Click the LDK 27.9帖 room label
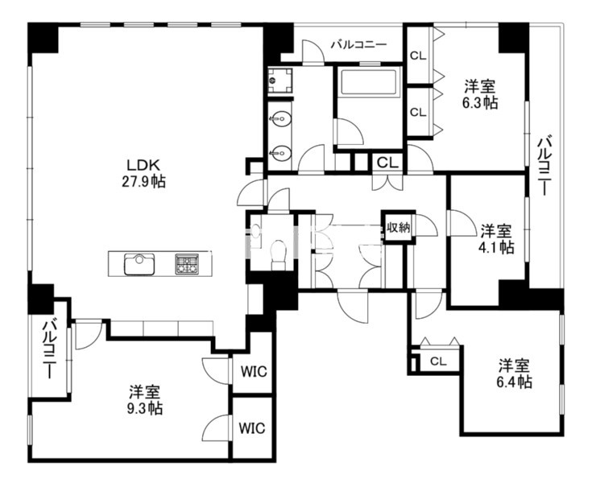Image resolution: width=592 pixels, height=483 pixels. click(x=143, y=173)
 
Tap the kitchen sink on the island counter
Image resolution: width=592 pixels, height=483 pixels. click(x=139, y=264)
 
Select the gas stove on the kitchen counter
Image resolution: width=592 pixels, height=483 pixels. click(x=187, y=264)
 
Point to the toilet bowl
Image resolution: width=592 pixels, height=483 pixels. click(x=279, y=255)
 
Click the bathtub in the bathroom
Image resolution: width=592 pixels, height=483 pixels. click(x=369, y=81)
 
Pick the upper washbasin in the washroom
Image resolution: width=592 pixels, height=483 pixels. click(x=280, y=119)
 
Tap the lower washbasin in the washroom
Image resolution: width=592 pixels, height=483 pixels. click(x=280, y=153)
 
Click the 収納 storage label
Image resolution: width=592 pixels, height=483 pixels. click(x=398, y=228)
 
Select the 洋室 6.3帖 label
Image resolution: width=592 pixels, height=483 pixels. click(x=480, y=94)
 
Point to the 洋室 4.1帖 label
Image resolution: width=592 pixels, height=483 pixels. click(x=496, y=238)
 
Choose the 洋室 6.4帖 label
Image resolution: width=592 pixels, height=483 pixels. click(x=514, y=374)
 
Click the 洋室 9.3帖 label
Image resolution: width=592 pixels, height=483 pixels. click(x=145, y=400)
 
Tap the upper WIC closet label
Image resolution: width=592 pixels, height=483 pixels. click(x=254, y=372)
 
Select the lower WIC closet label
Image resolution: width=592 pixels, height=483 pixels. click(x=252, y=428)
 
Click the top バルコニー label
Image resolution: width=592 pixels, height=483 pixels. click(x=359, y=45)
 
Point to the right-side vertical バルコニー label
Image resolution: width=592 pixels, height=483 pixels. click(x=545, y=165)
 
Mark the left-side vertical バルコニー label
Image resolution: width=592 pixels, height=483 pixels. click(x=49, y=349)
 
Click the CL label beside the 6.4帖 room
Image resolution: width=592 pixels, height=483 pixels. click(x=438, y=361)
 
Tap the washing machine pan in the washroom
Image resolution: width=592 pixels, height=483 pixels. click(x=279, y=80)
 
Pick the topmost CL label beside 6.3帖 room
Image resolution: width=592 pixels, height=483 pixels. click(x=418, y=56)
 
